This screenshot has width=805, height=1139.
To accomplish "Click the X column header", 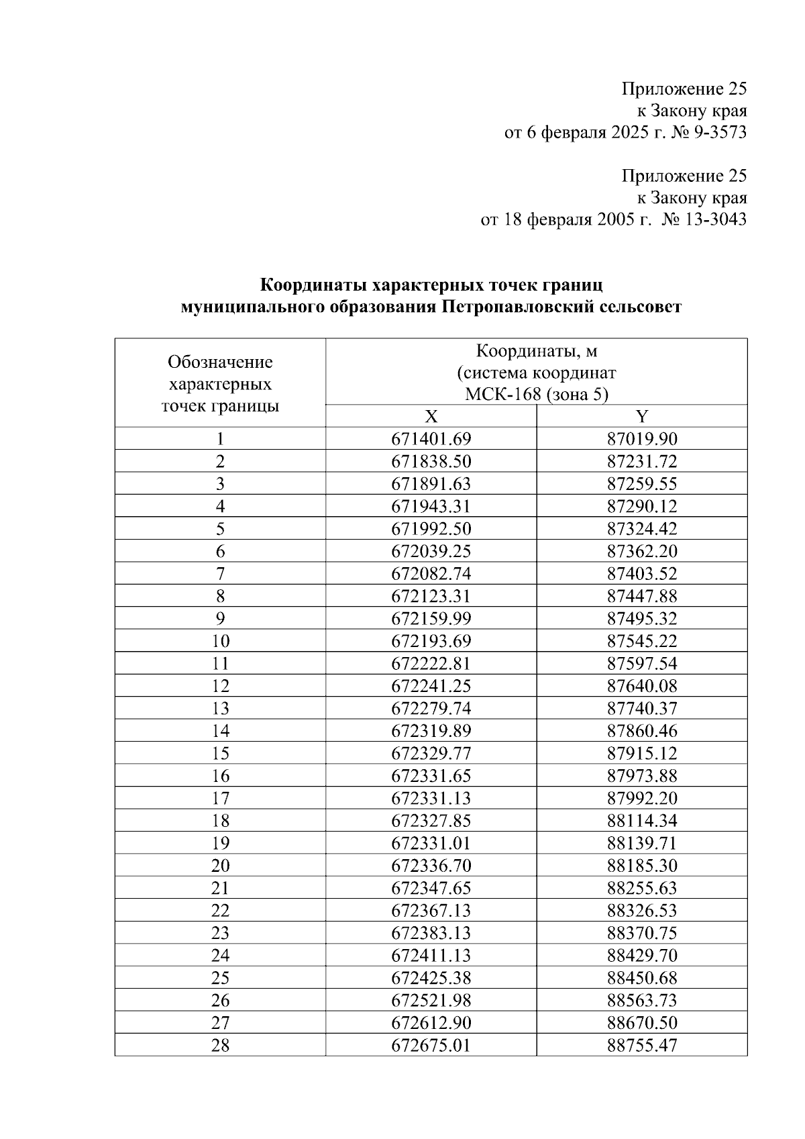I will click(x=431, y=416).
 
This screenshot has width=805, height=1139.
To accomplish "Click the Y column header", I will click(x=642, y=416).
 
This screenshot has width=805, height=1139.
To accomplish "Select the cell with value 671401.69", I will click(x=431, y=439).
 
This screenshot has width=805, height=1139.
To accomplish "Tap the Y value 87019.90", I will click(x=642, y=439).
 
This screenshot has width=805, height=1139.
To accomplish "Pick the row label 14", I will click(x=220, y=731).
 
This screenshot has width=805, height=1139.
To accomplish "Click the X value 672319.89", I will click(x=431, y=731).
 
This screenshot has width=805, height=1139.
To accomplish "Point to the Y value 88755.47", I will click(x=642, y=1045).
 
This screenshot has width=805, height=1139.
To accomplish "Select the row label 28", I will click(x=220, y=1045).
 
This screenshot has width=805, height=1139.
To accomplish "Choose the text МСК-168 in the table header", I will click(x=503, y=394).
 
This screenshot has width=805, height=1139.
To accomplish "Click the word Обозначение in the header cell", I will click(x=220, y=362).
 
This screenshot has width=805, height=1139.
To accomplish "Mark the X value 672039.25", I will click(x=431, y=551).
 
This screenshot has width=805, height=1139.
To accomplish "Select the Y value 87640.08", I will click(x=642, y=686).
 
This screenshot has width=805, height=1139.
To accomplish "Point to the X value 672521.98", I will click(x=431, y=1000).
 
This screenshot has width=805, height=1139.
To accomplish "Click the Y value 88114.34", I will click(x=642, y=820).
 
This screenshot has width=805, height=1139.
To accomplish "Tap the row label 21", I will click(x=220, y=888).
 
